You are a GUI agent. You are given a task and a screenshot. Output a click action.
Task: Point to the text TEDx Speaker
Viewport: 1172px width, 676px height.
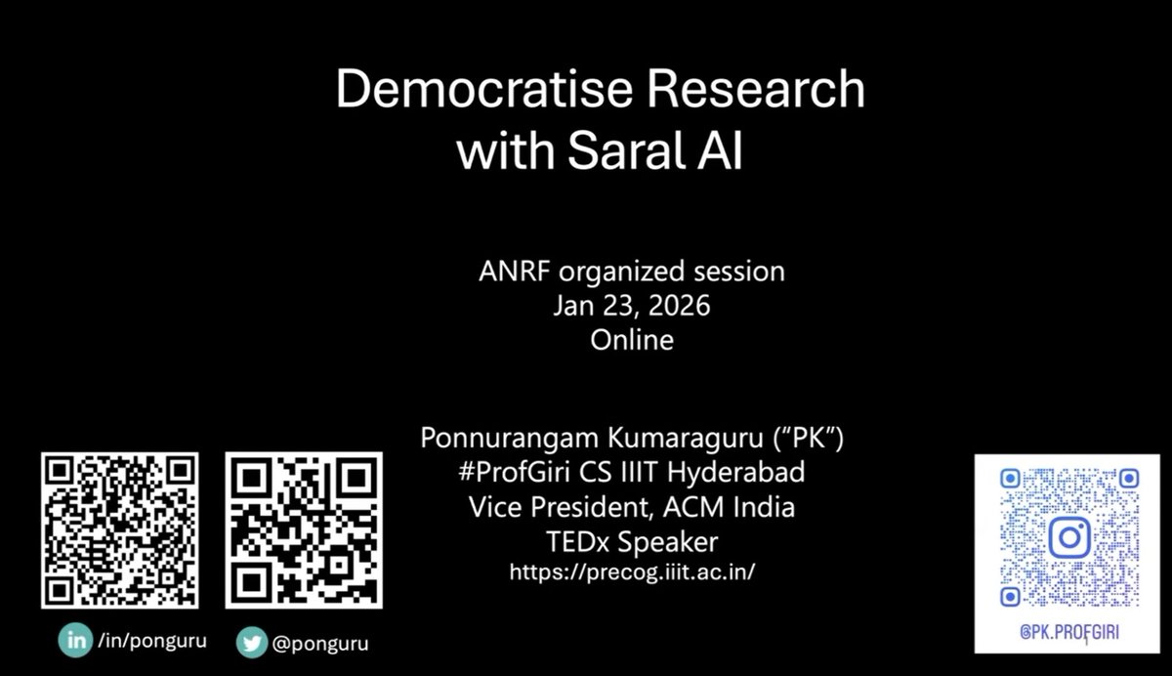click(631, 540)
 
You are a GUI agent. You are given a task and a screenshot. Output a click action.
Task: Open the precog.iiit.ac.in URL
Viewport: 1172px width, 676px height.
click(632, 572)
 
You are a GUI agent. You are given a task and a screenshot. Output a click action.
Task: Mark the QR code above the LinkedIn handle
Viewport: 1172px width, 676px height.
click(119, 529)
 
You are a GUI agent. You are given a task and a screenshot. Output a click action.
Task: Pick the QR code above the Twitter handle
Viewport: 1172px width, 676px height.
click(304, 529)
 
